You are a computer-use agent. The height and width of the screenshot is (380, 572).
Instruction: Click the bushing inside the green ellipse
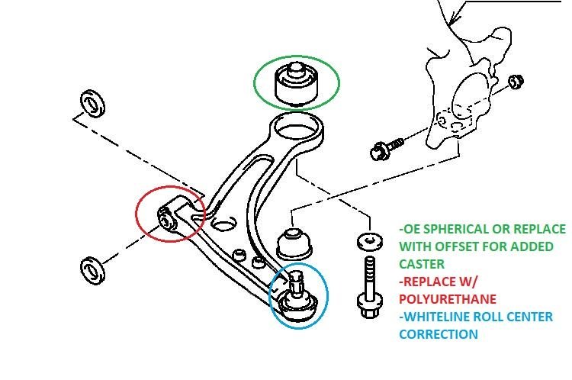[x=297, y=84]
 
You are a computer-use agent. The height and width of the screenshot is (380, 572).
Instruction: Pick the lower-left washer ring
[x=92, y=269]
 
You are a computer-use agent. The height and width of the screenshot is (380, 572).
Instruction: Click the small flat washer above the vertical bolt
[x=368, y=242]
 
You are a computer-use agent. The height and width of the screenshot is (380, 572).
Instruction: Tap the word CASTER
[x=423, y=264]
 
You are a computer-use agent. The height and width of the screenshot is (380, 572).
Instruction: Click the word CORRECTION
[x=439, y=334]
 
